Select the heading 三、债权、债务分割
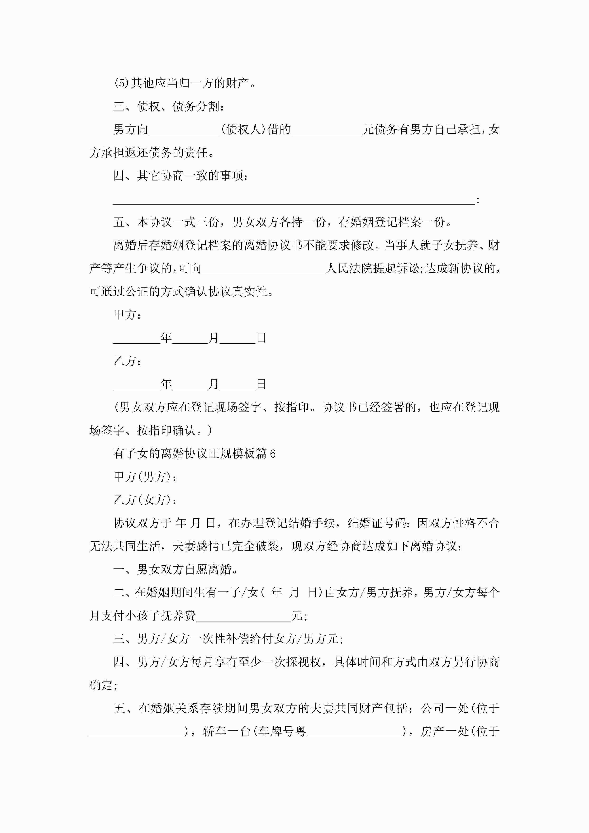169,107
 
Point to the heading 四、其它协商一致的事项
181,176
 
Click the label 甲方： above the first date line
127,315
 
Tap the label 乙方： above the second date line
127,361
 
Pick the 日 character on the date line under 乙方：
261,384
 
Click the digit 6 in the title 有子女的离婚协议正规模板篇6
273,454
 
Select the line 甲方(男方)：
145,477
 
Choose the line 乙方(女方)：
145,500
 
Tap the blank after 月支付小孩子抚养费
243,616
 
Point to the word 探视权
303,662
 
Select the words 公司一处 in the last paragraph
445,709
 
